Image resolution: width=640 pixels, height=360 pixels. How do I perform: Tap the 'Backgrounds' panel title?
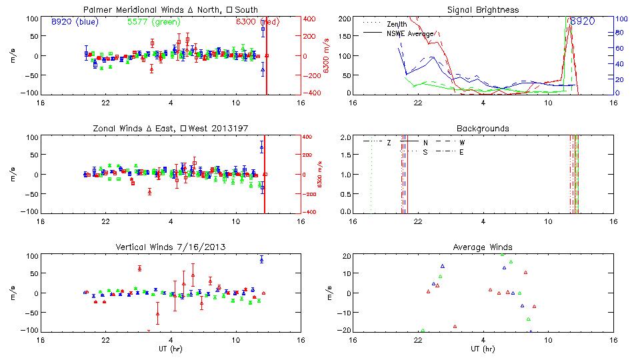point(483,128)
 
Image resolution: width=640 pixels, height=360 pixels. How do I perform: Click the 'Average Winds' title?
point(483,247)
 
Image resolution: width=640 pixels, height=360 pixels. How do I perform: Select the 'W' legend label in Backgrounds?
point(462,143)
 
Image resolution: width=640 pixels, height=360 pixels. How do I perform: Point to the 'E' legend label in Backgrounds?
point(461,152)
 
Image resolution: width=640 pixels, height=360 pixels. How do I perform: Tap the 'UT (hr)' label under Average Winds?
point(483,349)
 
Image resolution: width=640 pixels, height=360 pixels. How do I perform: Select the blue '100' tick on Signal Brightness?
point(619,19)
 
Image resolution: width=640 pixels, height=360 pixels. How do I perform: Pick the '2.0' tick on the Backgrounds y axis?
point(346,137)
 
